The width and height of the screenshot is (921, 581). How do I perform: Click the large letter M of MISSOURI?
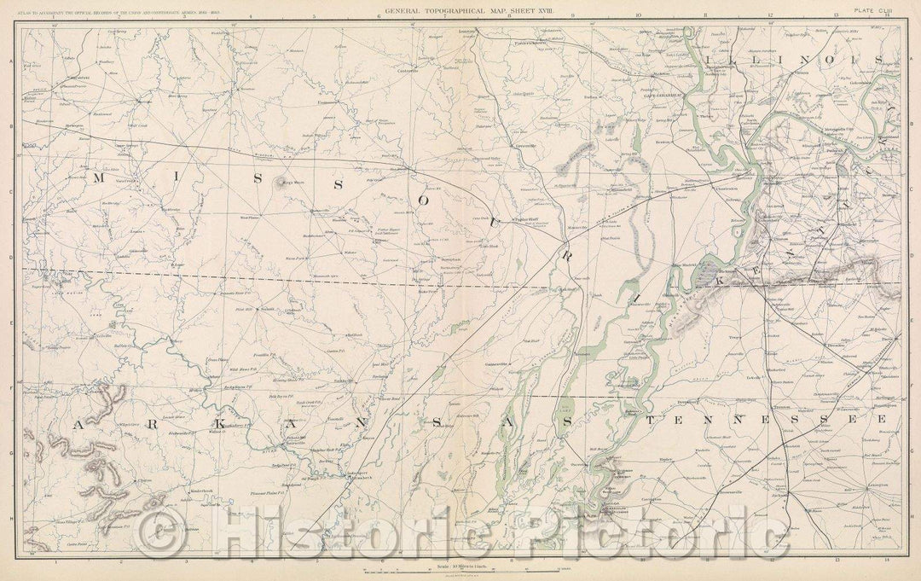[101, 177]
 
